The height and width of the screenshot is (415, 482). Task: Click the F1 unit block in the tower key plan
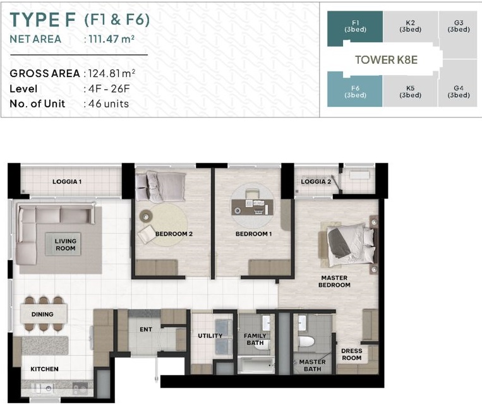pyautogui.click(x=355, y=27)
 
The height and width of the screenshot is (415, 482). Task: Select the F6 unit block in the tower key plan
pyautogui.click(x=355, y=92)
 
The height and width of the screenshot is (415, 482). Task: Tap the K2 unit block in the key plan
pyautogui.click(x=411, y=27)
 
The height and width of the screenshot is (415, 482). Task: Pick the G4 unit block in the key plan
pyautogui.click(x=458, y=92)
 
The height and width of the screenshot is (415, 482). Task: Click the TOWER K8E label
pyautogui.click(x=387, y=59)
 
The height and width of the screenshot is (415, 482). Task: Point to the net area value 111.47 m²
pyautogui.click(x=112, y=39)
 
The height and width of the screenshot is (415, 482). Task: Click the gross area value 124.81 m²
pyautogui.click(x=112, y=73)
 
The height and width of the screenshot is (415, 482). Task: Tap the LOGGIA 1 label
pyautogui.click(x=67, y=182)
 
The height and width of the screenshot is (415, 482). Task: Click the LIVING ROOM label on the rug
pyautogui.click(x=66, y=244)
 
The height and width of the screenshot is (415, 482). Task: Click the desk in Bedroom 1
pyautogui.click(x=252, y=207)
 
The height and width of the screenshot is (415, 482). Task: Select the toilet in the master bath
pyautogui.click(x=306, y=342)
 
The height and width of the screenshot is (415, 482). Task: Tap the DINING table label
pyautogui.click(x=42, y=314)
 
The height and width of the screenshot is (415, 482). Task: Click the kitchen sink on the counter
pyautogui.click(x=45, y=388)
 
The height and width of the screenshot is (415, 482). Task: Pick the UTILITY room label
pyautogui.click(x=210, y=335)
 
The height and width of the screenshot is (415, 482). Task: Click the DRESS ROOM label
pyautogui.click(x=352, y=354)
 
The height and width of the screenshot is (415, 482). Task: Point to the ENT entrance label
pyautogui.click(x=146, y=330)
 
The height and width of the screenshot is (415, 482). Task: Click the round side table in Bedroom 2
pyautogui.click(x=146, y=217)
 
